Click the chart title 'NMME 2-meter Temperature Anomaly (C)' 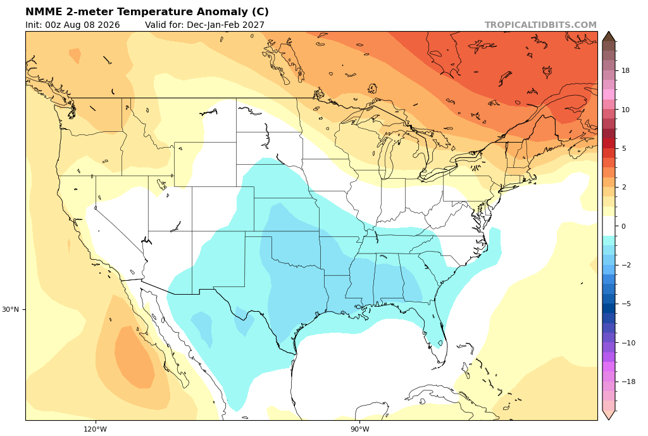(x=147, y=11)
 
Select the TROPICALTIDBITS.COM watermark (x=540, y=25)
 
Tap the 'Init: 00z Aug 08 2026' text (x=72, y=25)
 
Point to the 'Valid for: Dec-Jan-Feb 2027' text (x=204, y=25)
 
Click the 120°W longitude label (x=95, y=429)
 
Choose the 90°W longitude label (x=360, y=429)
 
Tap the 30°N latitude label (x=10, y=309)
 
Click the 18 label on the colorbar (x=626, y=71)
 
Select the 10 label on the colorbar (x=626, y=110)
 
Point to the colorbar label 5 (x=623, y=148)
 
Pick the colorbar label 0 (x=623, y=226)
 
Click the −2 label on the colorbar (x=626, y=265)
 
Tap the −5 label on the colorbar (x=626, y=304)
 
